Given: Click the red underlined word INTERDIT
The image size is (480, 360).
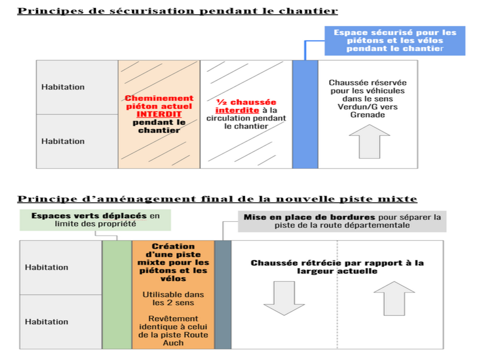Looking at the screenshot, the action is click(159, 114).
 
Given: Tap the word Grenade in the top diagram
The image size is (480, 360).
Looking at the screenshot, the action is click(367, 115).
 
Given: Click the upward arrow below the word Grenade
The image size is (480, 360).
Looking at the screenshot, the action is click(369, 142).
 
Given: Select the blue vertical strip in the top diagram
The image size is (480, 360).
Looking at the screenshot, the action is click(305, 114).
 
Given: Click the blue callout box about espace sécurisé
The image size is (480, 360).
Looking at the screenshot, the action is click(395, 41).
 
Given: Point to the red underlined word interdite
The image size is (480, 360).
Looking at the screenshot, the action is click(237, 110).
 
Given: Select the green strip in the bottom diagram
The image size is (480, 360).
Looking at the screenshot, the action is click(117, 294).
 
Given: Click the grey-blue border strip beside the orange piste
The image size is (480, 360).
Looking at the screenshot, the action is click(223, 294).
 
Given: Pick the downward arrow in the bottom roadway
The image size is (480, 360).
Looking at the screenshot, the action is click(284, 298).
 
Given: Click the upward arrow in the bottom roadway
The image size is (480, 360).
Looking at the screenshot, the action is click(394, 299).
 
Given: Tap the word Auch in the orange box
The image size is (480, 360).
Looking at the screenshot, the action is click(173, 343).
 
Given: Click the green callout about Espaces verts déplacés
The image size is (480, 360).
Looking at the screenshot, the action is click(95, 220).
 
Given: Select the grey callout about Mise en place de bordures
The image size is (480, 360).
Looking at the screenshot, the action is click(342, 221).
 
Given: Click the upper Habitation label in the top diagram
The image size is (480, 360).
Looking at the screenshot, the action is click(63, 87).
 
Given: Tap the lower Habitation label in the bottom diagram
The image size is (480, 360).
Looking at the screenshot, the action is click(46, 322).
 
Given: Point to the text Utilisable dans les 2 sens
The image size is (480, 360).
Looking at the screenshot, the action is click(173, 299).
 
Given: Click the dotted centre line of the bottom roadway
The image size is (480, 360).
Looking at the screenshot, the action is click(337, 294).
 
